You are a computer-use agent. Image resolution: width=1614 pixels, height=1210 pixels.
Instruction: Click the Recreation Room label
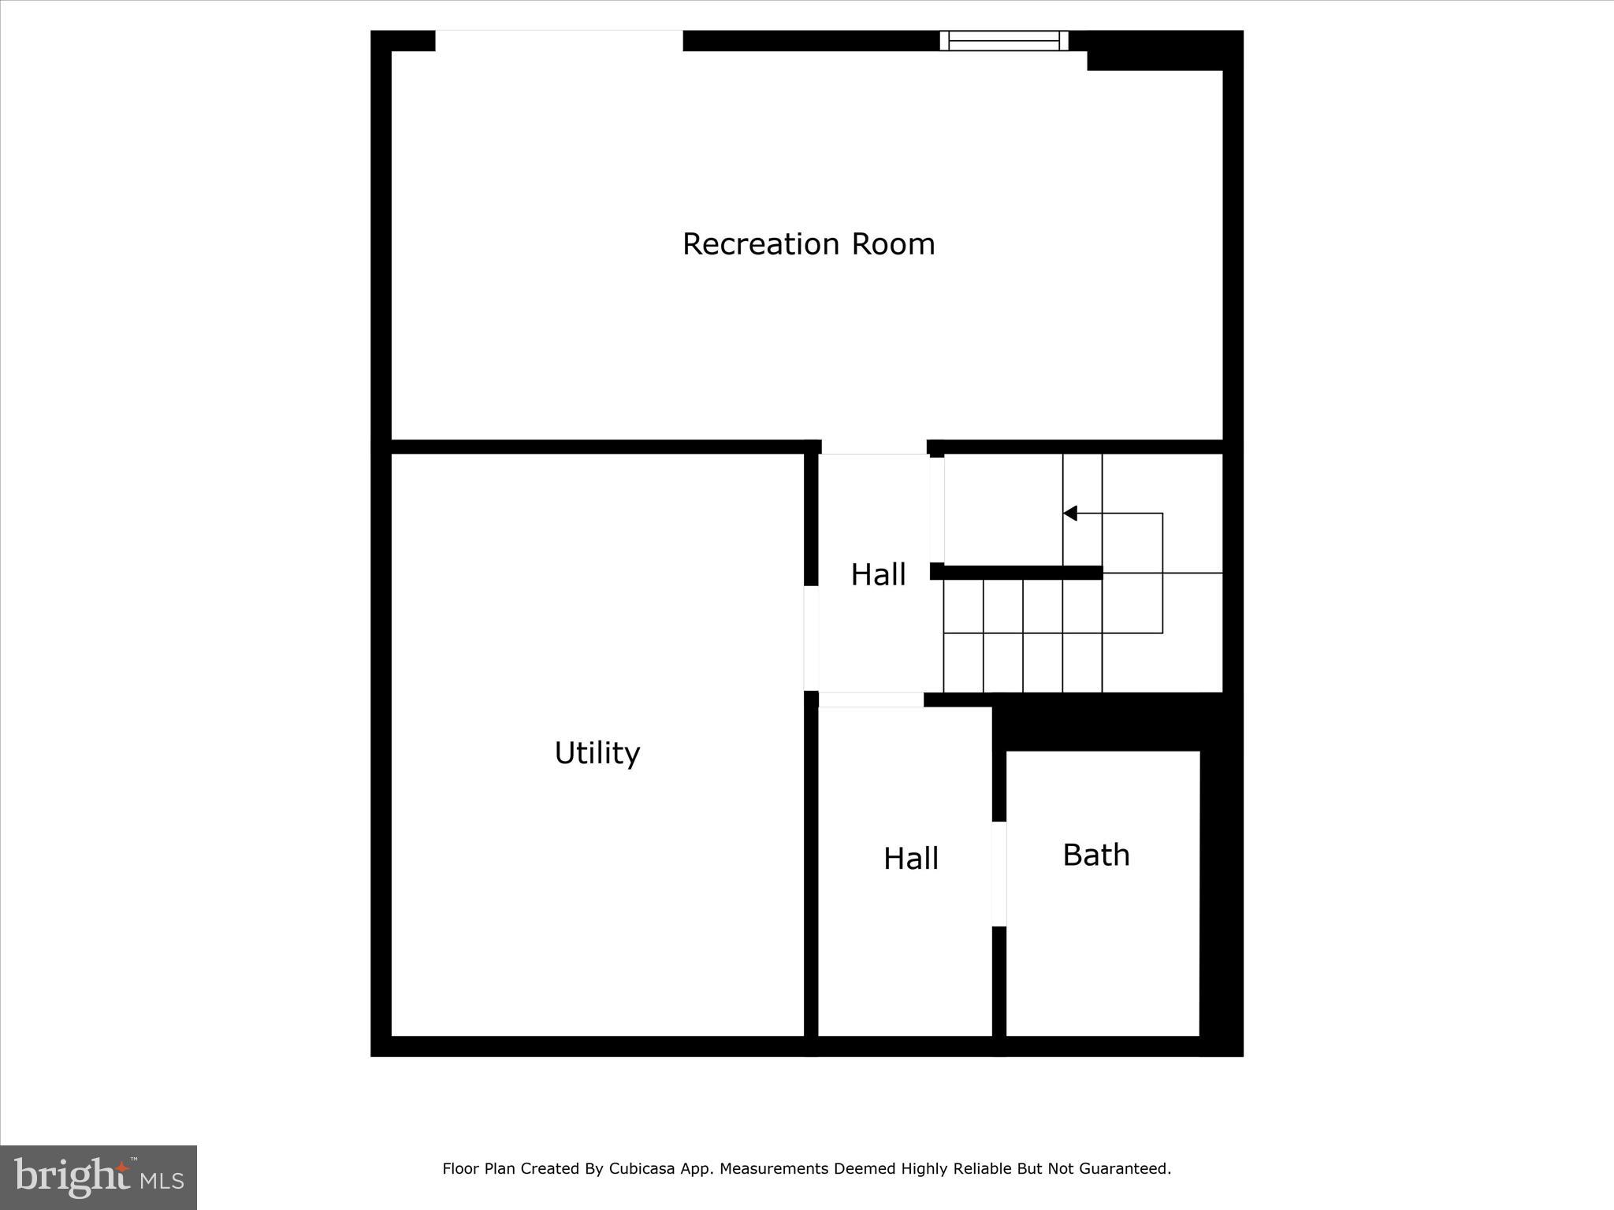[x=809, y=244]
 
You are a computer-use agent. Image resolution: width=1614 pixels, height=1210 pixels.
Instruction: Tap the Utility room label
[x=597, y=753]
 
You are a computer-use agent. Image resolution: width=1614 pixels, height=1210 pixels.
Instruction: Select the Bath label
[x=1096, y=855]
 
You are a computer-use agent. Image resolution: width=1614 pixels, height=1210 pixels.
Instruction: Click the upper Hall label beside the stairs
[x=878, y=574]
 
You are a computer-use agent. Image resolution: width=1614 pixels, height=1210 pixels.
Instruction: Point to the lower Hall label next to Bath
[x=910, y=859]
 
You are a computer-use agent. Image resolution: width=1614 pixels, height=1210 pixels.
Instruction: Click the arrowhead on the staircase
[x=1070, y=514]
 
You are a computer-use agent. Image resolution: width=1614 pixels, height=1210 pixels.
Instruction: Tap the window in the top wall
[x=1003, y=40]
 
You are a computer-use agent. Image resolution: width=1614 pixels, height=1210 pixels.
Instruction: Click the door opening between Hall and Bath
[x=999, y=874]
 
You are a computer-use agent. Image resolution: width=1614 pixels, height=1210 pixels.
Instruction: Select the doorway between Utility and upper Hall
[x=811, y=638]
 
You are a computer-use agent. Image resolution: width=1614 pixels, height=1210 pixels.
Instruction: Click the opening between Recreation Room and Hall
[x=874, y=447]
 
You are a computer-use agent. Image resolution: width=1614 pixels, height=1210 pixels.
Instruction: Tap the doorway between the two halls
[x=871, y=700]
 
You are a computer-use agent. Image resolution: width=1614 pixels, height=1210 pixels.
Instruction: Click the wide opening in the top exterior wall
[x=559, y=40]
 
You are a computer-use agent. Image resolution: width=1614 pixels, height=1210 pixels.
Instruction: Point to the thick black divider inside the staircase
[x=1017, y=573]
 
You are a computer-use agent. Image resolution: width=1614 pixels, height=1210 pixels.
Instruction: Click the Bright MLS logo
[x=99, y=1178]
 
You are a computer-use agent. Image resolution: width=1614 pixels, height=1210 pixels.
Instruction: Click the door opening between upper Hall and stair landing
[x=937, y=510]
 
